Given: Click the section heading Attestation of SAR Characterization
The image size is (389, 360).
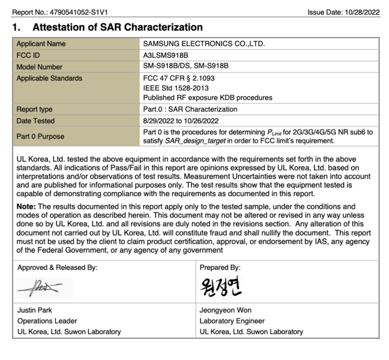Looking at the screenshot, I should (117, 28).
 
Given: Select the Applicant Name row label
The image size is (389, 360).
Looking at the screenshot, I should (41, 44).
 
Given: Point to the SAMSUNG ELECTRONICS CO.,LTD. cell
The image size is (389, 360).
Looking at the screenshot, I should (204, 44).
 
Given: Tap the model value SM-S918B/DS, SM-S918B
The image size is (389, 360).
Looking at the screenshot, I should (185, 67).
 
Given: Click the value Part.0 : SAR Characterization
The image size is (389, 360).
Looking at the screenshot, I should (190, 110).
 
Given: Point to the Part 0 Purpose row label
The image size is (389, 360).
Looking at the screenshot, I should (40, 136).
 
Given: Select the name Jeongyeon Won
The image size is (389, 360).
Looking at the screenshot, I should (225, 310).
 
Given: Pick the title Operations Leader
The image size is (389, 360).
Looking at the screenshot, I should (46, 321).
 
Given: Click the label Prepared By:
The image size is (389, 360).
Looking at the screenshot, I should (220, 268).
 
